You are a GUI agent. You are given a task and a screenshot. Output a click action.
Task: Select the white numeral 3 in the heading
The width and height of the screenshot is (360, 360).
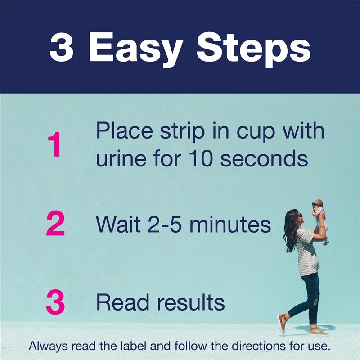[x=61, y=47]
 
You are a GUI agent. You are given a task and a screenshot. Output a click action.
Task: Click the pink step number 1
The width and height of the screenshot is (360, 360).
[x=54, y=144]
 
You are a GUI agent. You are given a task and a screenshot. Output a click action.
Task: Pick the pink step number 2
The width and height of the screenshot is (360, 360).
[x=55, y=223]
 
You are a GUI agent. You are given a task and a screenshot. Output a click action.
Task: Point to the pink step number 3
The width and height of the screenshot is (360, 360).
[x=55, y=302]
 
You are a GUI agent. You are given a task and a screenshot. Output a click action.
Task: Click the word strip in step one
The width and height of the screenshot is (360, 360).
[x=182, y=131]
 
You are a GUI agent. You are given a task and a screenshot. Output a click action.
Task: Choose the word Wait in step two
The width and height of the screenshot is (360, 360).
[x=118, y=224]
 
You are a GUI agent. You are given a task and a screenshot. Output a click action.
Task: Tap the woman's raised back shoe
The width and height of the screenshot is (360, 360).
[x=282, y=324]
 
